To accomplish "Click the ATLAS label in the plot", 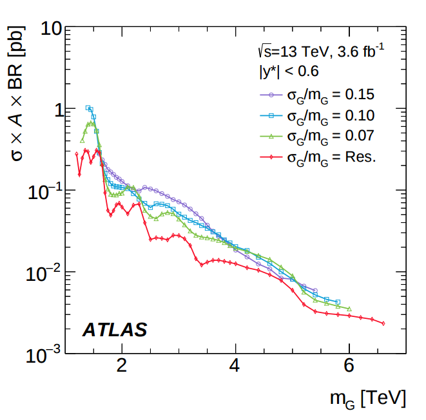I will (x=115, y=330).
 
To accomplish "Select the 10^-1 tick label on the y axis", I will (x=46, y=190).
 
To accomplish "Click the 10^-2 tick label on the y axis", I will (x=46, y=271).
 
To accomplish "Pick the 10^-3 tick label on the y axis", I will (x=46, y=353).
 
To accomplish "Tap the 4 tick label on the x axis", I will (x=235, y=367).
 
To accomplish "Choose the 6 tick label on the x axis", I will (x=349, y=367).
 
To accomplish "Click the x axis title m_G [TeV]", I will (x=368, y=399).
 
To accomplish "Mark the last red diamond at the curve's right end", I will (x=383, y=323).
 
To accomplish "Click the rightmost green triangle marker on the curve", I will (x=349, y=309).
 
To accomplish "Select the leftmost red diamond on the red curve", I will (x=77, y=153).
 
